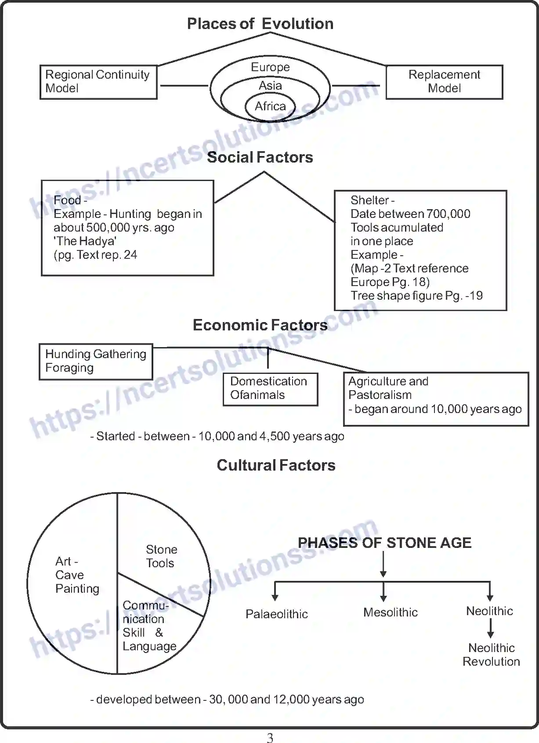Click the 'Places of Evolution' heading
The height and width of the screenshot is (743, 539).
tap(260, 24)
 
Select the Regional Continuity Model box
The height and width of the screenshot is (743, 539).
tap(98, 82)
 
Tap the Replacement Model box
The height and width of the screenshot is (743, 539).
tap(444, 82)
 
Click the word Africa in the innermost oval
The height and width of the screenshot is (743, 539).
tap(270, 106)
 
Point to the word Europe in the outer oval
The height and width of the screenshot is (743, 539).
tap(270, 67)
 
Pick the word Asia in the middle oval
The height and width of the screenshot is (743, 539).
tap(270, 86)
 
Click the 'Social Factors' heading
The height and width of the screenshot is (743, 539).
tap(260, 157)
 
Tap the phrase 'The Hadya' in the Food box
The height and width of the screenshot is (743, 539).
tap(85, 241)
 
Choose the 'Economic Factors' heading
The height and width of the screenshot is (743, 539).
tap(260, 325)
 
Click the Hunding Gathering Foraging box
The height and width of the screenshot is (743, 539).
tap(96, 361)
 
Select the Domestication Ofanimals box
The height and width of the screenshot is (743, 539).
tap(270, 388)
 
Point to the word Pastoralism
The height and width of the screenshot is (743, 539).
tap(380, 395)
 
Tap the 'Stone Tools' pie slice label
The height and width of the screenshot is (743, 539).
tap(161, 556)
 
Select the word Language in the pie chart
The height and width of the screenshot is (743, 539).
tap(149, 646)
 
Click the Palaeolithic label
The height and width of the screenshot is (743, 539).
tap(276, 614)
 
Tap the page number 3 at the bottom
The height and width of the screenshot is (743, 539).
tap(270, 738)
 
